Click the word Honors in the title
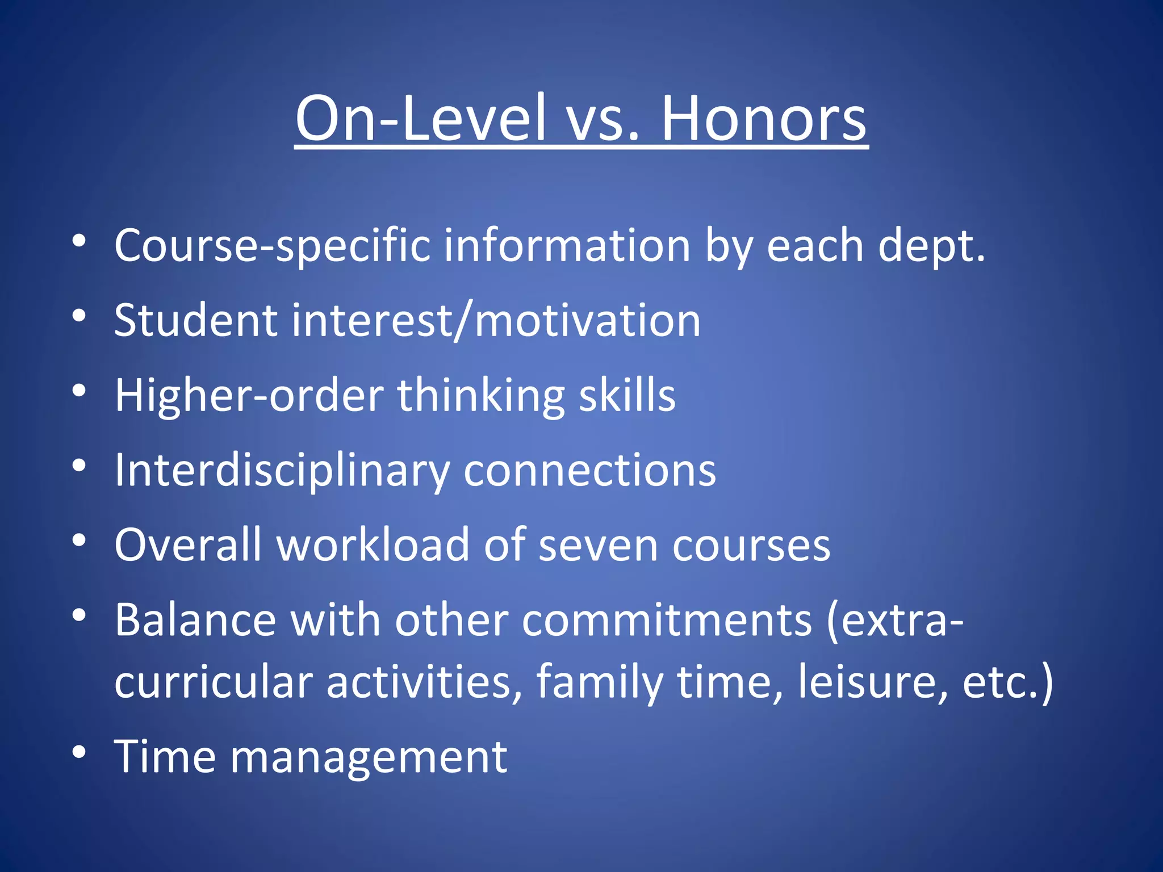click(764, 119)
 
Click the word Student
click(196, 321)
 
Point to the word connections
click(590, 471)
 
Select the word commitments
click(667, 620)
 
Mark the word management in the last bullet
click(369, 758)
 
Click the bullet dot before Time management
click(79, 752)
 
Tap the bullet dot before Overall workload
click(79, 540)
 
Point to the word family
click(599, 682)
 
